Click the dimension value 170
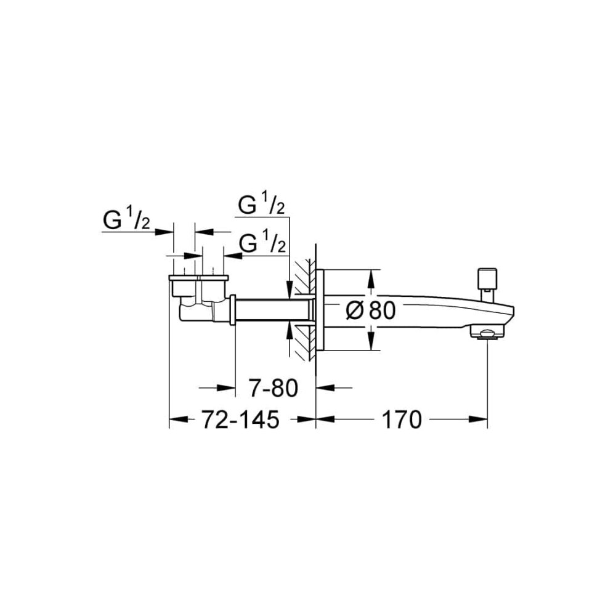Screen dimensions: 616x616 tap(402, 419)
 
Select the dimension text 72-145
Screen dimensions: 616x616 tap(240, 419)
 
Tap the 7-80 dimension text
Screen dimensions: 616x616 tap(274, 388)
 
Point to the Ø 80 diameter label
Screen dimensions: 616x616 tap(370, 310)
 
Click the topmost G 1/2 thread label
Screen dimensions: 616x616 tap(262, 205)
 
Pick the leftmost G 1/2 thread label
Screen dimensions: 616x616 tap(126, 220)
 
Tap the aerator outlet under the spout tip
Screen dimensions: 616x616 tap(487, 334)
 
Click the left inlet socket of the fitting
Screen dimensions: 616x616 tap(184, 286)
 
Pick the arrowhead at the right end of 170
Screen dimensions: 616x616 tap(479, 419)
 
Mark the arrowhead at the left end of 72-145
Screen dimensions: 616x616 tap(179, 419)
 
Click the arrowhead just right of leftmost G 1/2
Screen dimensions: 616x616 tap(164, 232)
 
